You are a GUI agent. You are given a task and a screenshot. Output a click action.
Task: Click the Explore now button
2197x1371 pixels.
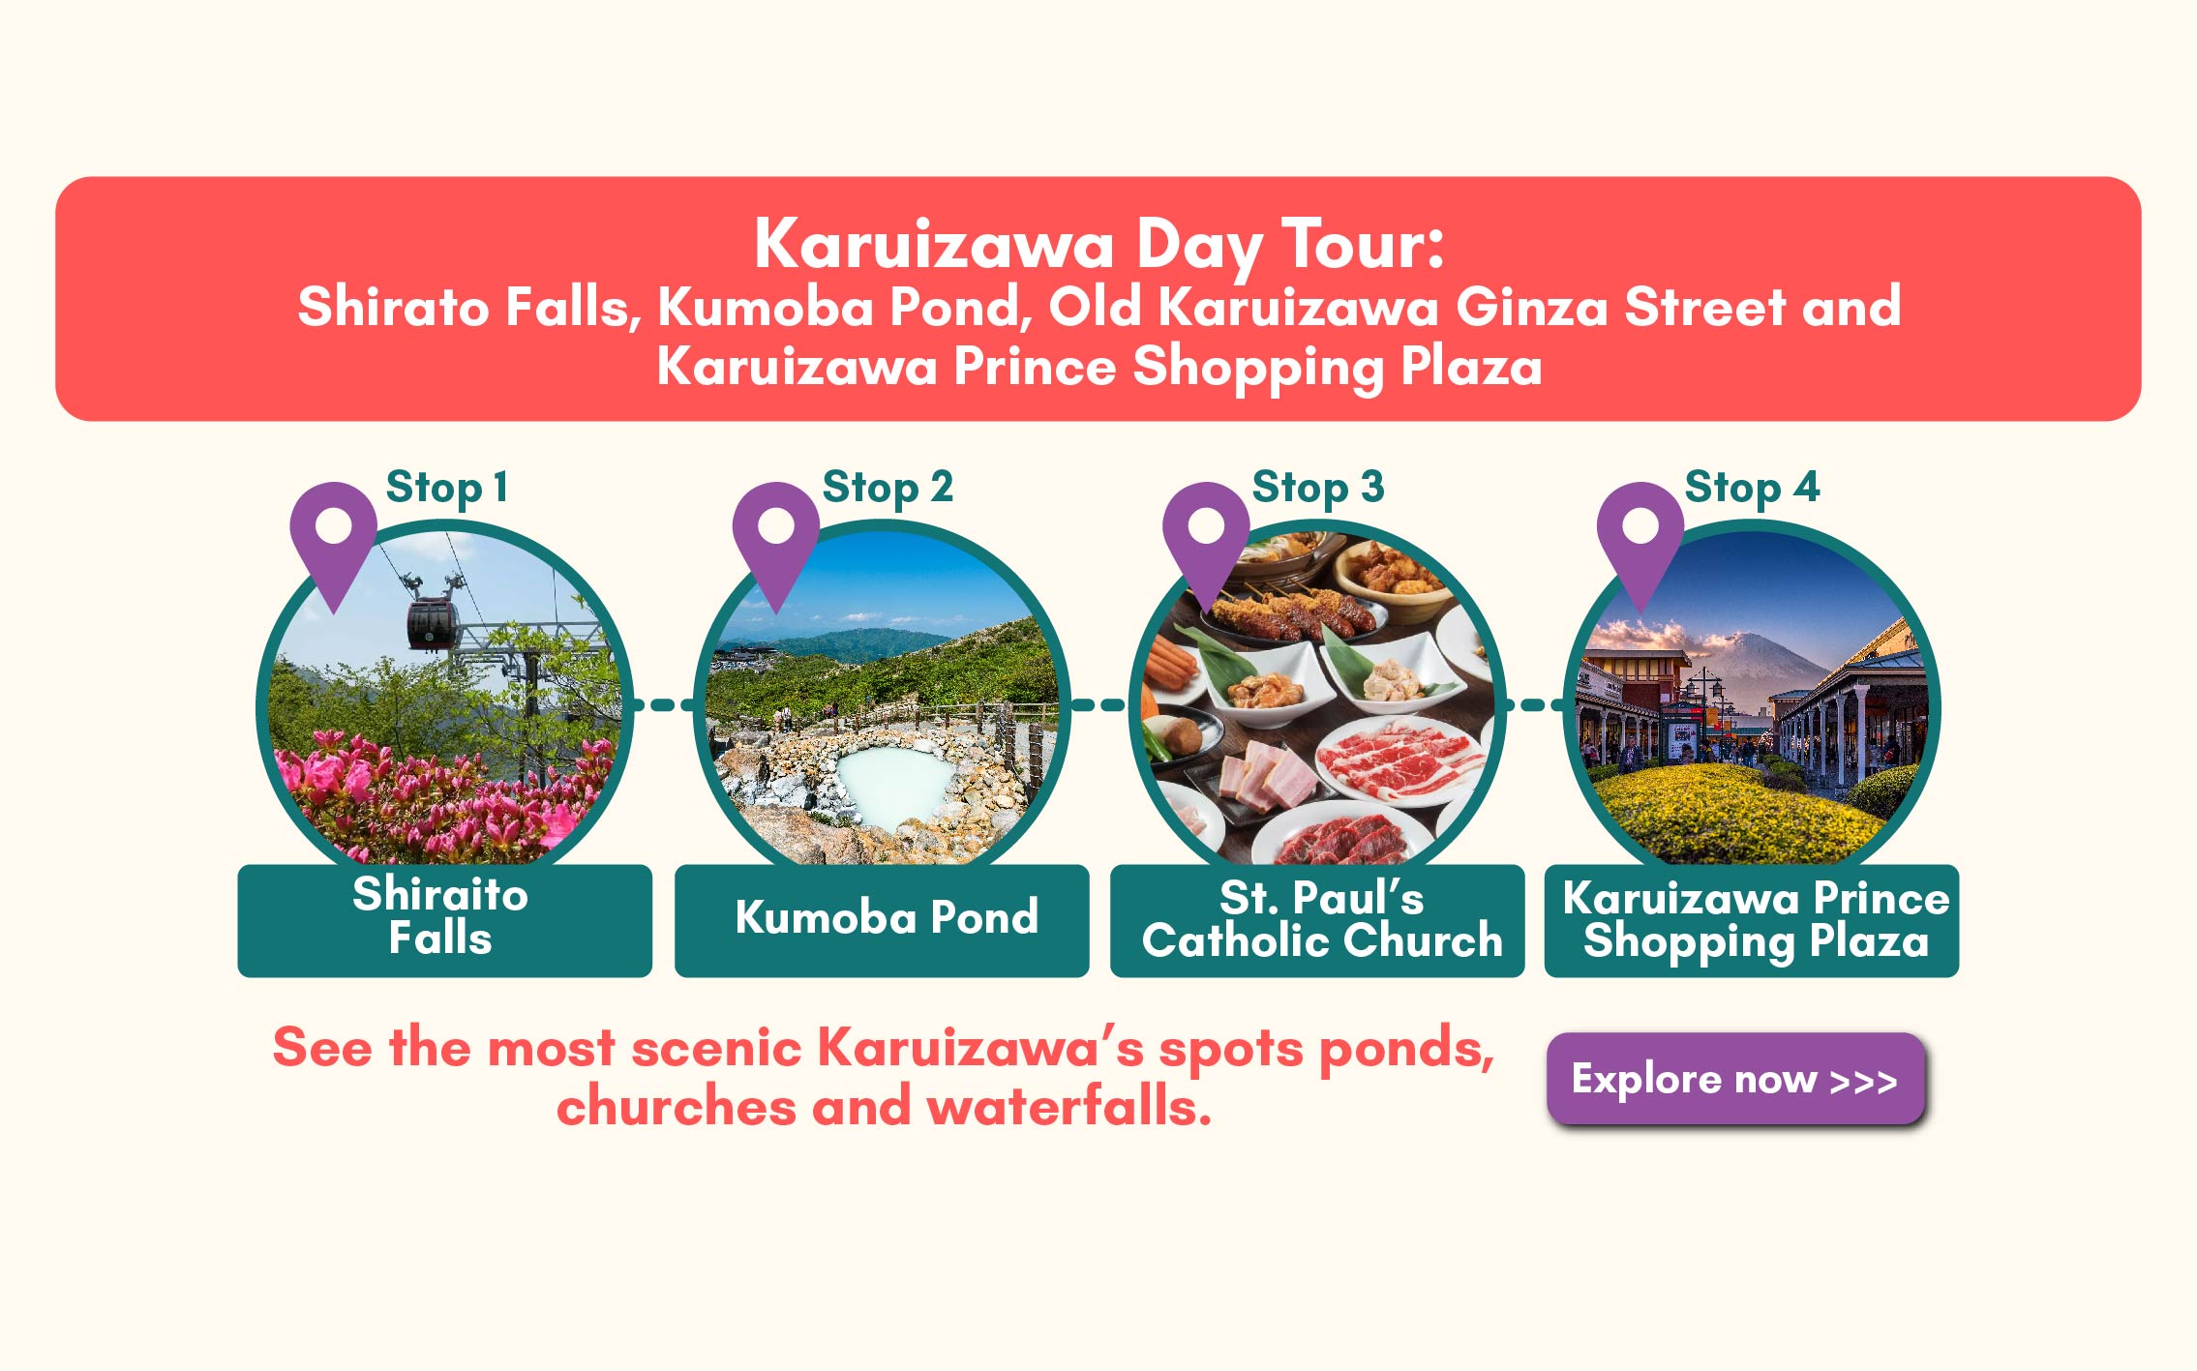click(1735, 1078)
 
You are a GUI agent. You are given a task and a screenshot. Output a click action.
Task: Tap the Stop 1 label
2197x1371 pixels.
click(446, 488)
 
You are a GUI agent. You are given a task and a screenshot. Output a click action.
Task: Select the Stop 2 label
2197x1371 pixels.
click(888, 488)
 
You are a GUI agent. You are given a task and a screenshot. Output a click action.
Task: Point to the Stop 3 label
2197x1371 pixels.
click(1318, 488)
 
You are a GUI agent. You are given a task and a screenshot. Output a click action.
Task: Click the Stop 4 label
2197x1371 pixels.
click(1752, 488)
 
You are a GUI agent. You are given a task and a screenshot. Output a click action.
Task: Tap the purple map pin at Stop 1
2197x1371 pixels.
click(334, 542)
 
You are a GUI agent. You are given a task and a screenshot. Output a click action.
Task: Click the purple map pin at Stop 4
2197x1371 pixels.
click(1640, 542)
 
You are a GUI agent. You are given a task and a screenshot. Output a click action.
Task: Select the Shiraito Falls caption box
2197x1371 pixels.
click(445, 920)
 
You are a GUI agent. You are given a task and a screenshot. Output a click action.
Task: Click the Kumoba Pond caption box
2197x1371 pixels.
click(882, 920)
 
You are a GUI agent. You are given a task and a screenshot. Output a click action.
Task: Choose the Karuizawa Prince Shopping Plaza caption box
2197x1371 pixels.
click(1752, 920)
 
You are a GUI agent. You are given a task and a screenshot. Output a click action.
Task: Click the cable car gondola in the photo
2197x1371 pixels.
click(432, 624)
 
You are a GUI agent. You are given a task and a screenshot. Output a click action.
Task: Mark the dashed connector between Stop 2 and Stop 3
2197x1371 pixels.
click(1099, 705)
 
